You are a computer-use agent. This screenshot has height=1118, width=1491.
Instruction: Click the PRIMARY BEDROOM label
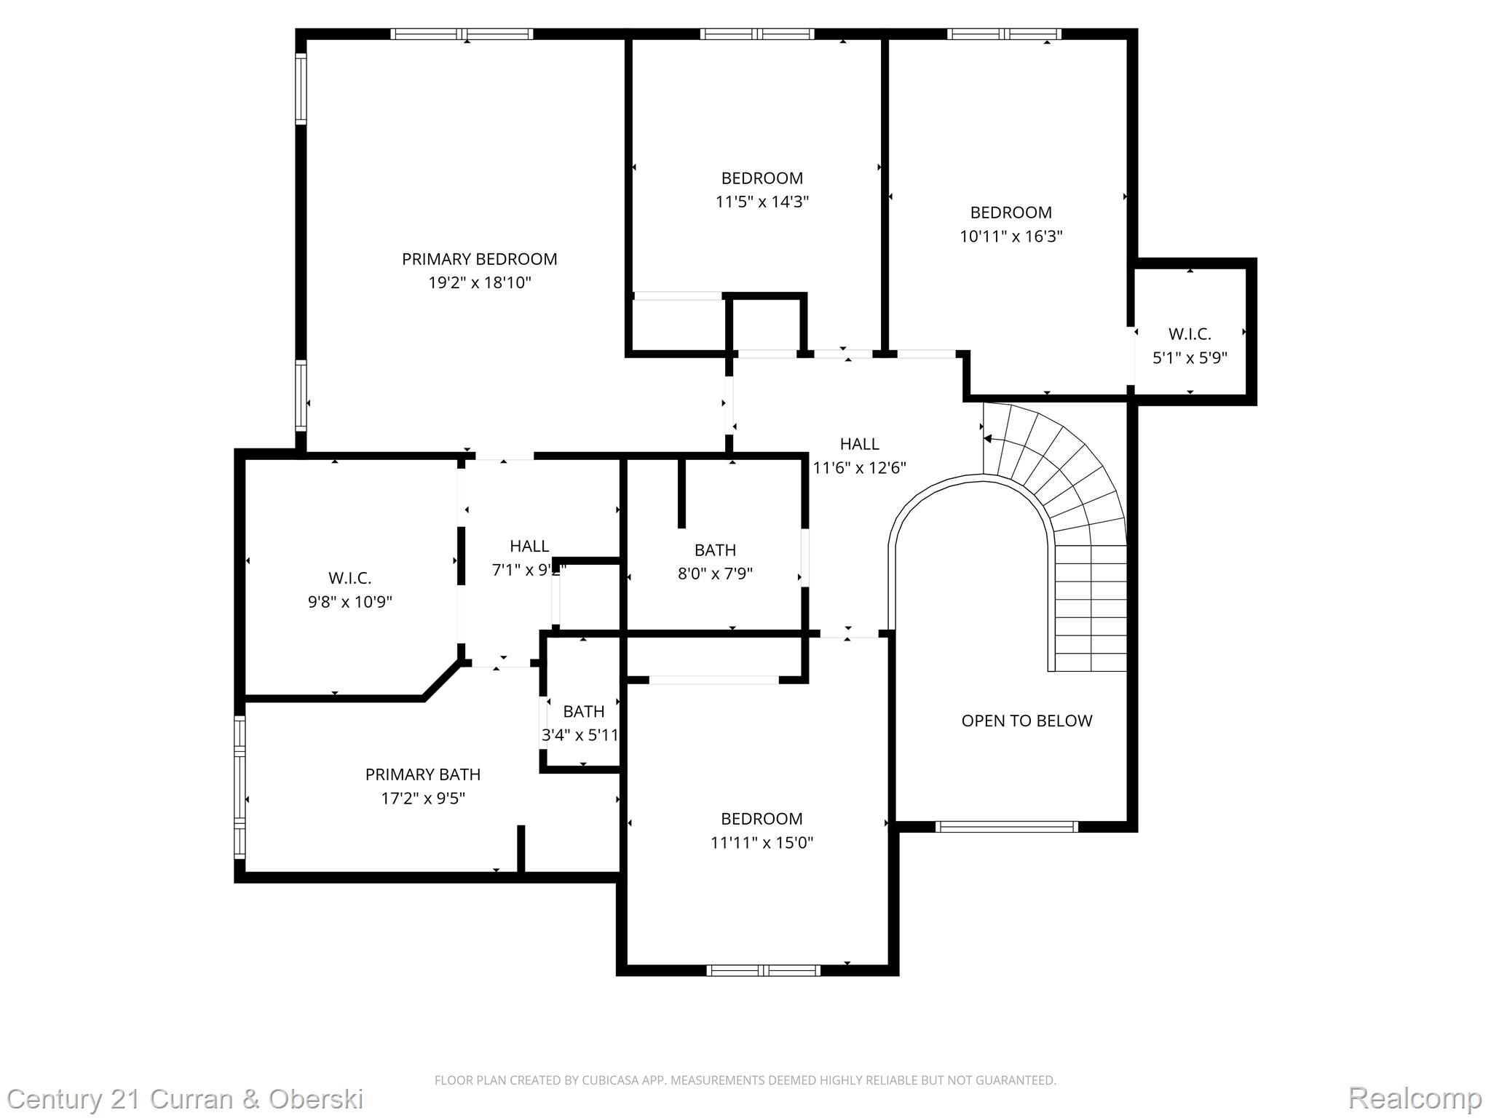coord(479,259)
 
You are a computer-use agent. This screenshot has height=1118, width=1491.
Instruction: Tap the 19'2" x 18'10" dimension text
coord(479,283)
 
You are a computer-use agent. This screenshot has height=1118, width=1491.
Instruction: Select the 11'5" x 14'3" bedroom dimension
coord(762,202)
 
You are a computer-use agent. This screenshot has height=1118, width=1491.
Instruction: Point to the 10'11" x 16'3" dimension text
coord(1011,237)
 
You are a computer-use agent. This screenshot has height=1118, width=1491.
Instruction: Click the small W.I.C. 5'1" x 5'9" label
coord(1190,346)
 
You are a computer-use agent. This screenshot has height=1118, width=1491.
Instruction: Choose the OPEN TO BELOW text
coord(1027,721)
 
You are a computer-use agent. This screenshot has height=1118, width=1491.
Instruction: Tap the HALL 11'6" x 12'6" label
coord(859,456)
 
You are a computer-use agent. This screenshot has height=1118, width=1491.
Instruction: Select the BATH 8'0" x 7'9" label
coord(715,561)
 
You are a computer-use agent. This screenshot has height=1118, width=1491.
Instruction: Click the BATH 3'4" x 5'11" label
coord(582,723)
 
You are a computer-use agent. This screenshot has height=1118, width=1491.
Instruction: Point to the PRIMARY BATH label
coord(423,774)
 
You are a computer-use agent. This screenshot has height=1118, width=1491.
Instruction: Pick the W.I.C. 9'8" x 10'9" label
coord(349,590)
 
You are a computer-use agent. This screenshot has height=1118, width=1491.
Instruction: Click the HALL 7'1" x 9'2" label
coord(529,558)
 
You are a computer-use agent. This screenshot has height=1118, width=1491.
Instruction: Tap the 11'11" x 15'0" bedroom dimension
coord(762,843)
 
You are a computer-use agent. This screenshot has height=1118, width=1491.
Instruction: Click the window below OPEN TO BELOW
coord(1006,826)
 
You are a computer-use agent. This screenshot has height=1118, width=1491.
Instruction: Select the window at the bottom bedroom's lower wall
coord(763,970)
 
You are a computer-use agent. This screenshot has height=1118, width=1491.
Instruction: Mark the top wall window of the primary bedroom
coord(462,34)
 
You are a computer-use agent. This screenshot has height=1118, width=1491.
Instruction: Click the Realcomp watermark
coord(1415,1098)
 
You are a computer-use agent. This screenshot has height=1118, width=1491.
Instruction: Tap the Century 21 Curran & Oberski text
coord(185,1098)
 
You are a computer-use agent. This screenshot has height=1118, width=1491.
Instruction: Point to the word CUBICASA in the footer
coord(610,1080)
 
